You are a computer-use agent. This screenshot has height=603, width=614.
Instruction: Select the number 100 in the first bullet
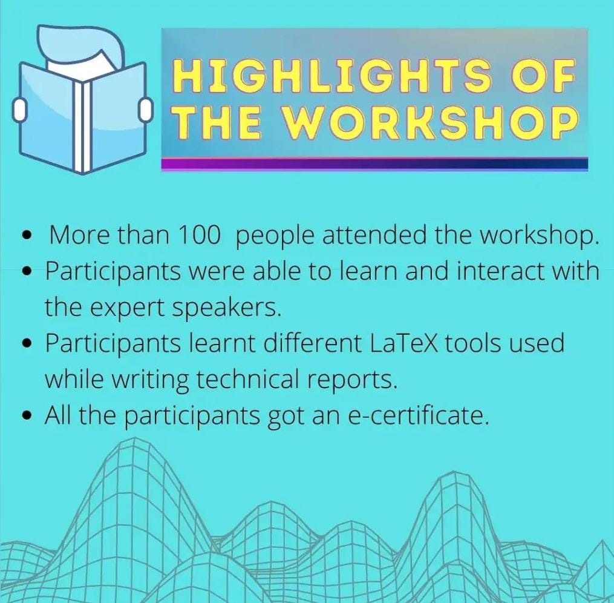coord(198,236)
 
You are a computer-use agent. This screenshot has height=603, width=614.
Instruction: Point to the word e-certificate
coord(418,416)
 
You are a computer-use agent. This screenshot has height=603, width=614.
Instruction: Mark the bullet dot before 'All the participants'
coord(27,416)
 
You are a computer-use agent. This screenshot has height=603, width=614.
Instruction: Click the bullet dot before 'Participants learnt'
coord(27,343)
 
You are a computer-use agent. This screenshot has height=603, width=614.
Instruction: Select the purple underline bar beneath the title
coord(374,164)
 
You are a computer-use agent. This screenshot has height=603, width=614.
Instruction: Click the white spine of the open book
coord(82,127)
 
